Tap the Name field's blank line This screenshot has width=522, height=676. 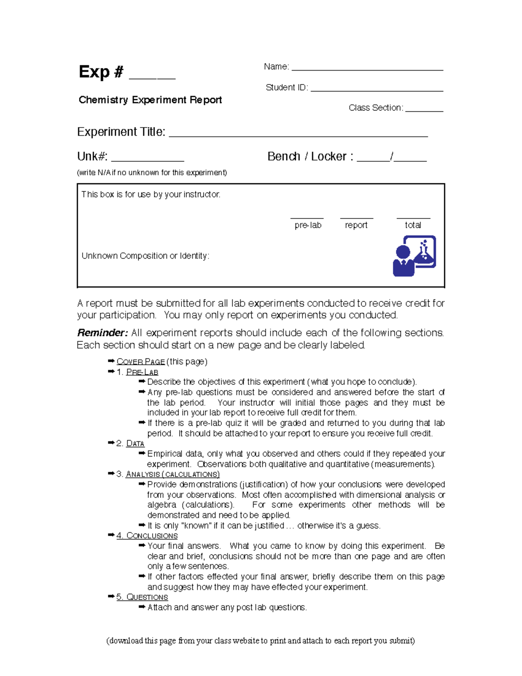(367, 68)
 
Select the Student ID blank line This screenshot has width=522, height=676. (377, 89)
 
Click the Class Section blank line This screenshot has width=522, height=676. (424, 110)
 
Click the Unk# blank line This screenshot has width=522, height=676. (147, 159)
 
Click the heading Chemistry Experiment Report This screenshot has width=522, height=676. (150, 100)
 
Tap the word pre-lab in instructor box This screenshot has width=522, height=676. (308, 225)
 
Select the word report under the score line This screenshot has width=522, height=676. (356, 225)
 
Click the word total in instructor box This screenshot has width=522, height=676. (413, 225)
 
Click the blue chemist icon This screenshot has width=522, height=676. (414, 256)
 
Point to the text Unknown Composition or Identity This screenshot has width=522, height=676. (145, 256)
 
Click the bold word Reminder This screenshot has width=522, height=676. (102, 333)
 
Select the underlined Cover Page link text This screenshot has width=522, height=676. (141, 362)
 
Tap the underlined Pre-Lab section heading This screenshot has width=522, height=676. (142, 372)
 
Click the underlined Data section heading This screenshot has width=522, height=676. (135, 444)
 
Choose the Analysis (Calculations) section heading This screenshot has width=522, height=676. (172, 474)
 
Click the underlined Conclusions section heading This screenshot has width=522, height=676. (151, 536)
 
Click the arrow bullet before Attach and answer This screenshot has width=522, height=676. (142, 607)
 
